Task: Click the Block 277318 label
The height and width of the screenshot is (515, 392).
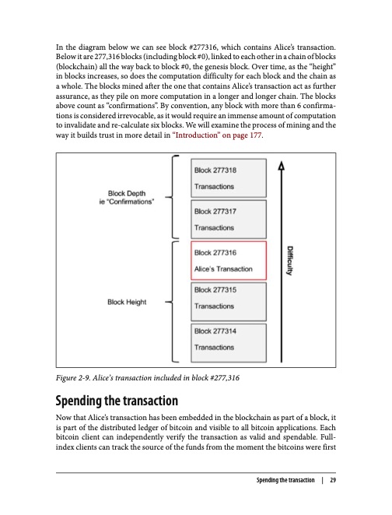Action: click(x=215, y=170)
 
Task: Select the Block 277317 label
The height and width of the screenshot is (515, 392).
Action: click(x=215, y=211)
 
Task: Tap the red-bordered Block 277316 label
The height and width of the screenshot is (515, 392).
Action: click(x=215, y=253)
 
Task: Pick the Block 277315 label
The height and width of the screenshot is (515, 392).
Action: click(x=215, y=289)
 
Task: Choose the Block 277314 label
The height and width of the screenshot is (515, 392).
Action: click(x=215, y=331)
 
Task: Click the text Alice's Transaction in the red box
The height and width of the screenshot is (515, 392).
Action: click(x=223, y=269)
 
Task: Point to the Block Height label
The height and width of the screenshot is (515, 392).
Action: click(x=127, y=302)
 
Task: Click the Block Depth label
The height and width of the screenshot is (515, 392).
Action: click(x=127, y=193)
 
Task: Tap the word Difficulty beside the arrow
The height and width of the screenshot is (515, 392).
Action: click(x=290, y=261)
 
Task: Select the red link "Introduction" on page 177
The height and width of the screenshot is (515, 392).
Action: click(x=217, y=135)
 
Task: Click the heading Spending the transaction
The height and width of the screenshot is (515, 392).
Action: click(x=117, y=401)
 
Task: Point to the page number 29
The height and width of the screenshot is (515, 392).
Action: click(x=333, y=480)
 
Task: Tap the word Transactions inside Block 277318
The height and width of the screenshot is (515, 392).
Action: click(x=214, y=187)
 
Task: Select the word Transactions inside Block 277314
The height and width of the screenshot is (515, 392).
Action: click(x=214, y=348)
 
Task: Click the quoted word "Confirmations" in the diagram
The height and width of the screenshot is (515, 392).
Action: click(x=131, y=201)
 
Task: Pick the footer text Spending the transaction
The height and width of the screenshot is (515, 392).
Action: click(x=285, y=480)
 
